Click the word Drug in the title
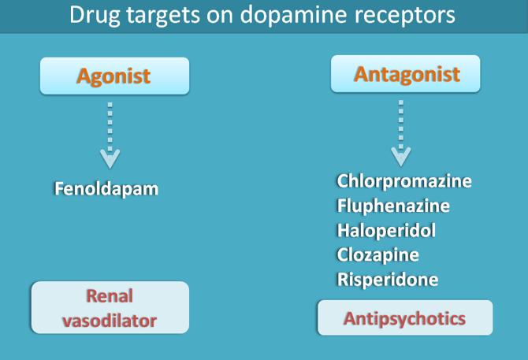95,16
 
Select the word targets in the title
163,15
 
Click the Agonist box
114,76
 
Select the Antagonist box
405,74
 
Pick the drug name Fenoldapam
106,189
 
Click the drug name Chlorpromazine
404,181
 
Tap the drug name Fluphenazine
393,206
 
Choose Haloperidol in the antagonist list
386,231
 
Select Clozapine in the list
377,255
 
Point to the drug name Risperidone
388,280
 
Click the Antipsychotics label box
405,317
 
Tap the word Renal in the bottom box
110,295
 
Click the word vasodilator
110,321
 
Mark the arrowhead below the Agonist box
110,158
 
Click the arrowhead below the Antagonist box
400,156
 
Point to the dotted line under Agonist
110,127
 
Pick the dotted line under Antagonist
400,124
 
